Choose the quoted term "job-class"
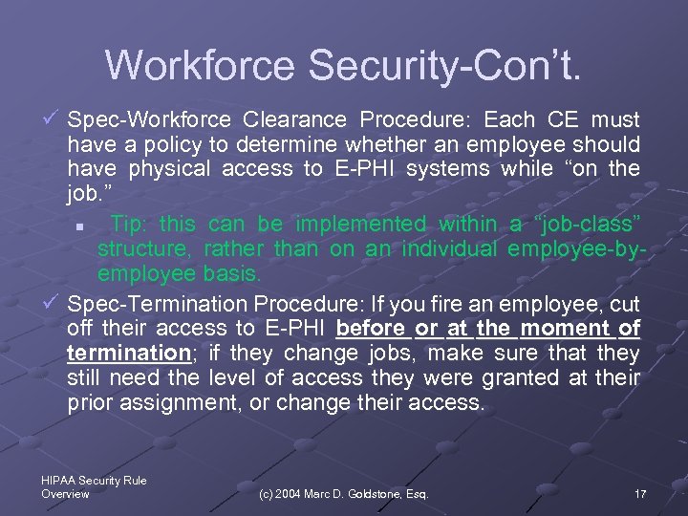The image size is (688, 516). tap(588, 225)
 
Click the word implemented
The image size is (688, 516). tap(361, 225)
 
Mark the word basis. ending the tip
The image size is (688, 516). tap(231, 274)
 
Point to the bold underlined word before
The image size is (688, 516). tap(371, 329)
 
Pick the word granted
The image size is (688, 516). tap(525, 378)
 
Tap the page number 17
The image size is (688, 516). tap(640, 494)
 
